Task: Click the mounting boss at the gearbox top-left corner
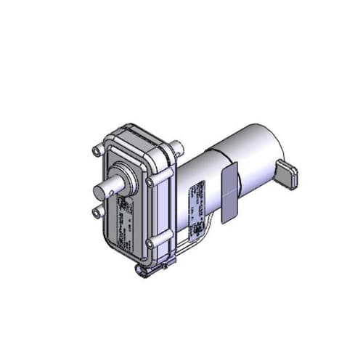pyautogui.click(x=97, y=151)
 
